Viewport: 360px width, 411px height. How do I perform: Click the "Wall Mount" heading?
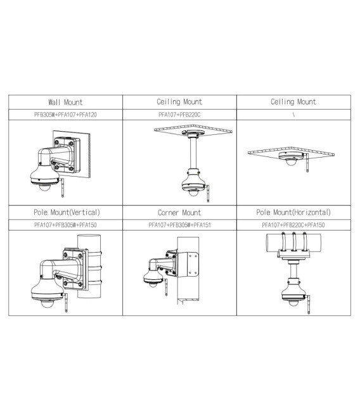pyautogui.click(x=65, y=102)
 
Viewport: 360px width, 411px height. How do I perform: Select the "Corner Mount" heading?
pyautogui.click(x=179, y=213)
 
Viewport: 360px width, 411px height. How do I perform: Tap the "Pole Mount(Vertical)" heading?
pyautogui.click(x=65, y=213)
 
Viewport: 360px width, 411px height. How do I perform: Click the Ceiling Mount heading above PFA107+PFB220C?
pyautogui.click(x=179, y=102)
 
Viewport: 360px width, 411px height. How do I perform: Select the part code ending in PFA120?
pyautogui.click(x=65, y=115)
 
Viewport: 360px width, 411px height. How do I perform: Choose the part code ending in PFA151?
pyautogui.click(x=179, y=225)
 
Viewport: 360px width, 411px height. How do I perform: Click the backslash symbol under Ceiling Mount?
pyautogui.click(x=294, y=115)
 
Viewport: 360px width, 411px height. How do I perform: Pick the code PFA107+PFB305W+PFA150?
pyautogui.click(x=65, y=225)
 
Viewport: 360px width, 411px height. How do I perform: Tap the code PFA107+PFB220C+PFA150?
pyautogui.click(x=294, y=225)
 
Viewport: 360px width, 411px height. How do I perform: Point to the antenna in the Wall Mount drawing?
pyautogui.click(x=64, y=184)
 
